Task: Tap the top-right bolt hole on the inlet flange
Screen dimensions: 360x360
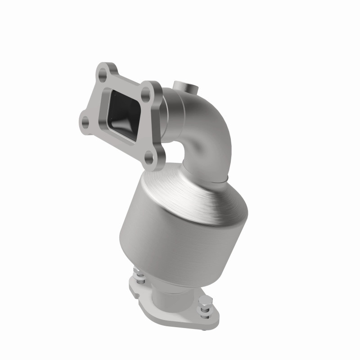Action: pos(146,94)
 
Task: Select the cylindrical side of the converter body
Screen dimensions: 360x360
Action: pos(171,238)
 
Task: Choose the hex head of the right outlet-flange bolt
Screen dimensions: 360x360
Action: pos(206,310)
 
